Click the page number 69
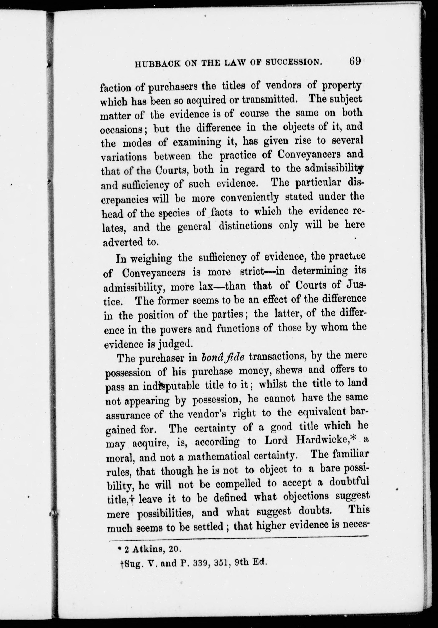(x=355, y=61)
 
